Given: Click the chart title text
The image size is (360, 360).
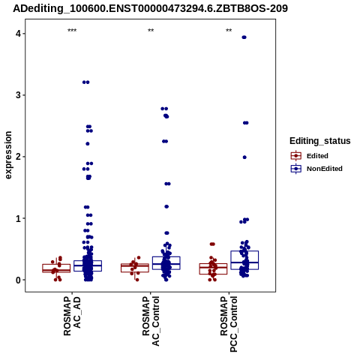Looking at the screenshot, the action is coord(150,8).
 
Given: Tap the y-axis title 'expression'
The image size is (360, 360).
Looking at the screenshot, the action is coord(8,155).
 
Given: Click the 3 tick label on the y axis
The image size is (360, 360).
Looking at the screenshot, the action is coord(18,95).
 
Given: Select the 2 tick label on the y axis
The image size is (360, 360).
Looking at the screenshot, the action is coord(18,157).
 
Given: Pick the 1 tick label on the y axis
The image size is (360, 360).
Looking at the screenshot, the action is coord(18,218).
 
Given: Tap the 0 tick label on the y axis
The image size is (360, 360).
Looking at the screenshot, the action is coord(18,280).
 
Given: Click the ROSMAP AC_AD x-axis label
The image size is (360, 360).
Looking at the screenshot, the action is coord(72,316).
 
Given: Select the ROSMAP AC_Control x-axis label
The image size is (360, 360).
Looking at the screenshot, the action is coord(151,321).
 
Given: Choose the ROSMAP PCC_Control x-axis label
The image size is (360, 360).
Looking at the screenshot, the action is coord(229,324).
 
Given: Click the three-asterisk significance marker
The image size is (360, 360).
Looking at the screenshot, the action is coord(72,31).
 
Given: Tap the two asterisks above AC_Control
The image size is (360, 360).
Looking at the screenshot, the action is coord(151,31).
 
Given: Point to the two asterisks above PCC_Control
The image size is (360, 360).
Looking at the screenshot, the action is coord(229,31).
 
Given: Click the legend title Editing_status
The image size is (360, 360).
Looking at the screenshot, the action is coord(320,141).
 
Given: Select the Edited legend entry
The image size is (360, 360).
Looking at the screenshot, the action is coord(310,156).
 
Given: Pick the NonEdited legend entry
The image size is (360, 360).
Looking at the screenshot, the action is coord(316,169).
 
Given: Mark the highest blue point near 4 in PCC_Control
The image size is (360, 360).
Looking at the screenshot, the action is coord(244,37).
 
